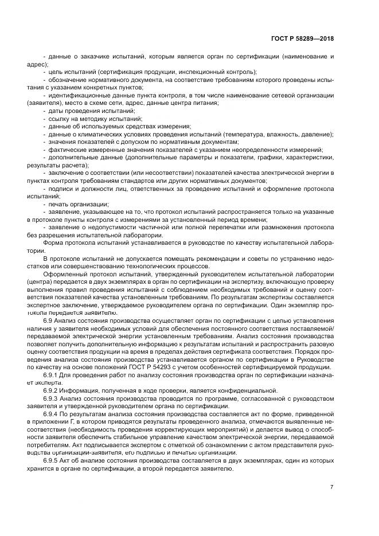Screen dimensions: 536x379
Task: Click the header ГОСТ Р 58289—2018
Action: click(302, 38)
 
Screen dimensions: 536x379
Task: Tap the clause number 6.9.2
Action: click(51, 390)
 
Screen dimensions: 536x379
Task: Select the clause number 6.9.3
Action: click(51, 397)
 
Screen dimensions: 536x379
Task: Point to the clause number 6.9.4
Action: click(51, 414)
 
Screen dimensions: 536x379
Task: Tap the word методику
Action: click(88, 118)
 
